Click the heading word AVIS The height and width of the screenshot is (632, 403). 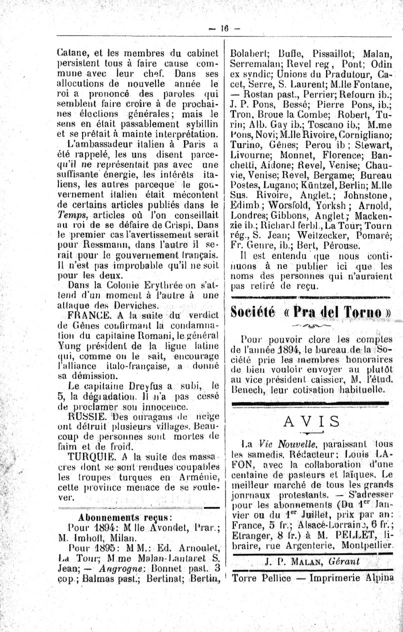[310, 421]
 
